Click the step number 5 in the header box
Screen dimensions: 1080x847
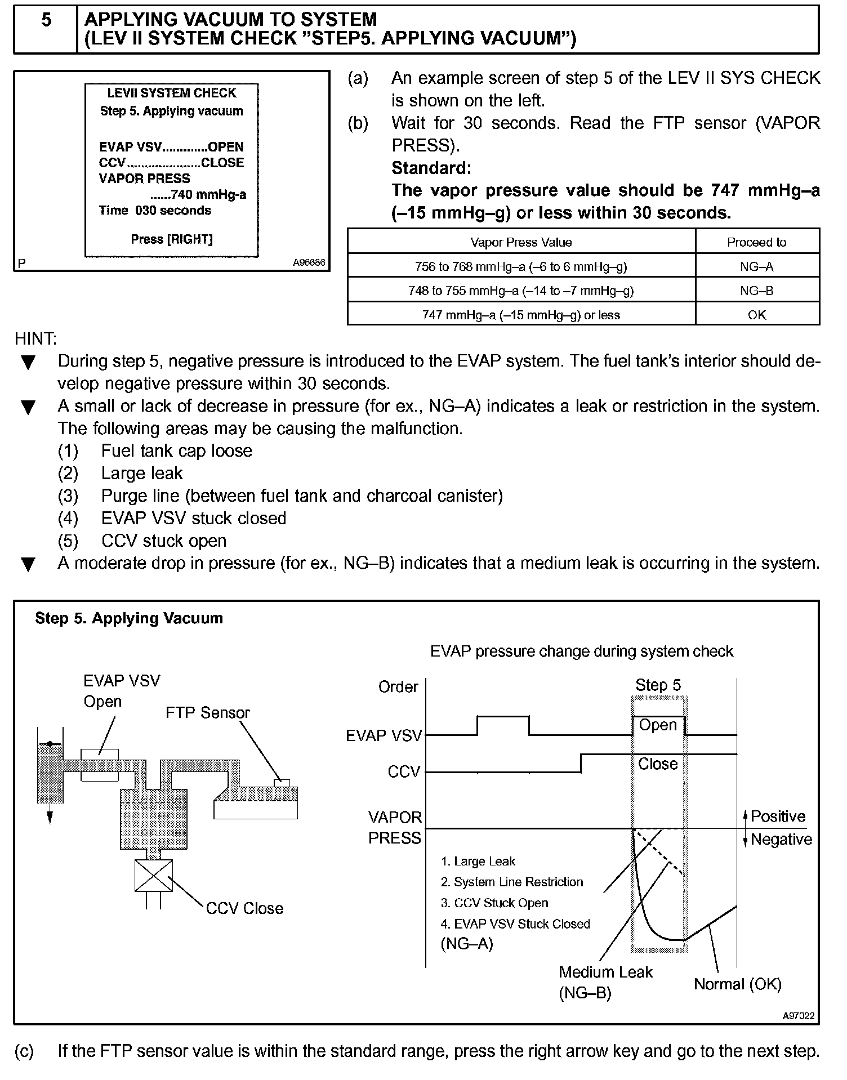tap(46, 20)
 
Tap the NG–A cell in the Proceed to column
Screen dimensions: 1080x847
tap(756, 267)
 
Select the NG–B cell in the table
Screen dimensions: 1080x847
tap(756, 291)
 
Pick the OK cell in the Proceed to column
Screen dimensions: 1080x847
tap(756, 315)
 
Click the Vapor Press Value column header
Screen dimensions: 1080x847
tap(521, 243)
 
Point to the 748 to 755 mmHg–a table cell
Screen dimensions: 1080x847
tap(521, 291)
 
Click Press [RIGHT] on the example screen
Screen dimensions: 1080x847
tap(172, 239)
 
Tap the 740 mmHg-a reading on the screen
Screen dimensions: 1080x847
tap(198, 195)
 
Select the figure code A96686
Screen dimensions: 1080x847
tap(309, 263)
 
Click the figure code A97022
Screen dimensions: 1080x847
tap(798, 1016)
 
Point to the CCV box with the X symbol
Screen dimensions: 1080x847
tap(154, 876)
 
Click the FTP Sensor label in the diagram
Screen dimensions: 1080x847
tap(207, 713)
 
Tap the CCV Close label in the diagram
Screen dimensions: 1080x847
tap(244, 908)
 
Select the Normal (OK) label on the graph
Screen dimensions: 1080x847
tap(737, 984)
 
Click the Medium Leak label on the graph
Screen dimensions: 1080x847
tap(605, 972)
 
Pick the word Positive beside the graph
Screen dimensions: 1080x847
tap(778, 816)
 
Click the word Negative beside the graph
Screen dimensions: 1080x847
tap(781, 840)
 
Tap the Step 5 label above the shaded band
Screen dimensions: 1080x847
tap(658, 685)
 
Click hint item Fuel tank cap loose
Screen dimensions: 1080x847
tap(176, 451)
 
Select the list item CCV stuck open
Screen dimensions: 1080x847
tap(164, 541)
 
